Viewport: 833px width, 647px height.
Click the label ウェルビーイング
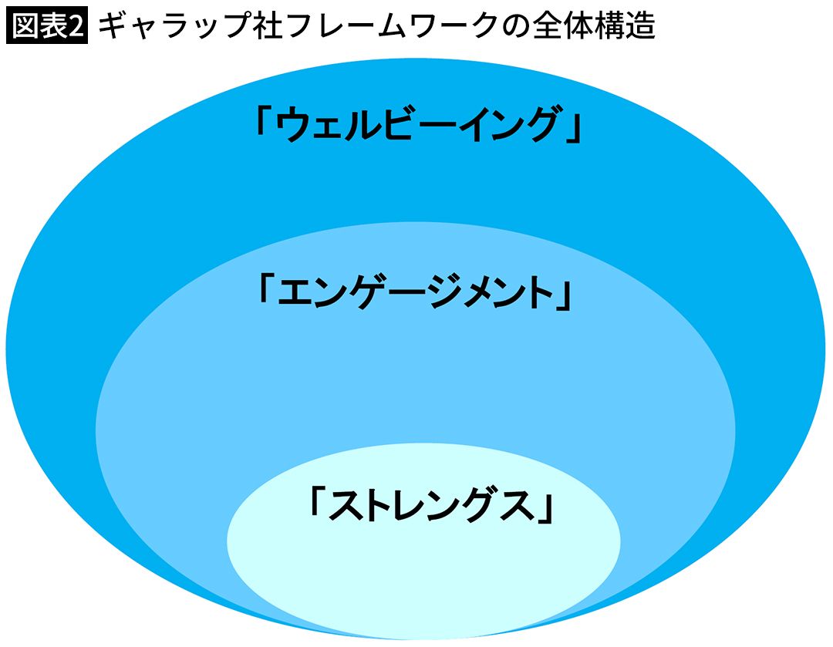pyautogui.click(x=416, y=126)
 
